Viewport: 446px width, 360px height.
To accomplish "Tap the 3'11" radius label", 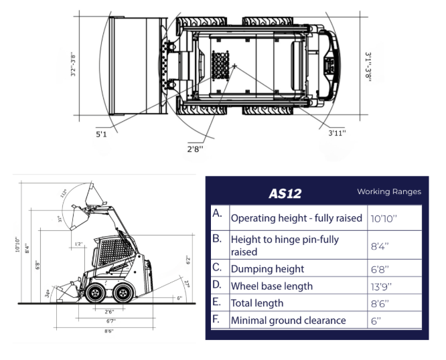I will [337, 133].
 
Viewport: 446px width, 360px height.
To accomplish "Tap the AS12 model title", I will [285, 194].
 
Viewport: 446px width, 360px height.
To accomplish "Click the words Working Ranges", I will [388, 192].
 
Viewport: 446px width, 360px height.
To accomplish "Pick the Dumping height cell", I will [267, 268].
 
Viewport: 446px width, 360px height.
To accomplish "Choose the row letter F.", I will [216, 319].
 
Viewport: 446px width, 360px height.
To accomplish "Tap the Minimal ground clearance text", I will [288, 321].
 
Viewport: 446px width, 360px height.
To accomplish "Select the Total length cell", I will [258, 303].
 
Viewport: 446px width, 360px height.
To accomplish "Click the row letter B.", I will [216, 239].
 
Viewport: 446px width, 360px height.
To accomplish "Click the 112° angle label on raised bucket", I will [82, 193].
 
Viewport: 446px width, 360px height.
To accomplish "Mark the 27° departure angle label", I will [187, 284].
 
